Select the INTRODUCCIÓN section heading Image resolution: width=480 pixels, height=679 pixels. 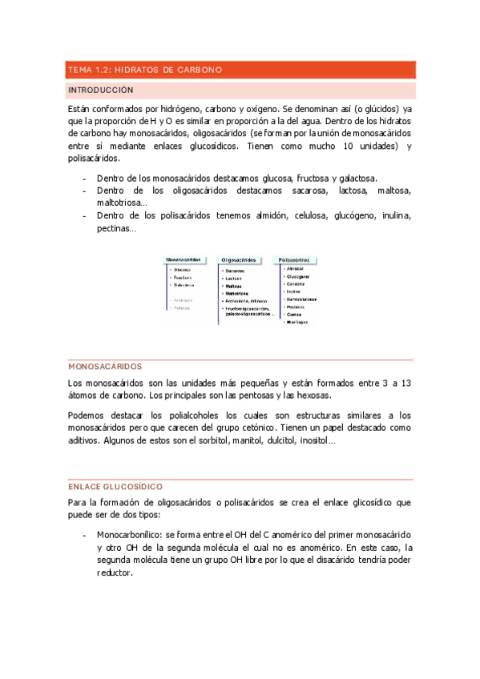[101, 90]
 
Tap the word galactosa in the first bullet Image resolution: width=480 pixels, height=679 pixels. [354, 178]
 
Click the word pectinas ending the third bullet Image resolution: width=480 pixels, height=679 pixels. [115, 228]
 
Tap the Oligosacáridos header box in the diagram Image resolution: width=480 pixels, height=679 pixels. [241, 260]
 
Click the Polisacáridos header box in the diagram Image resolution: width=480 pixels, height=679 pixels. [295, 260]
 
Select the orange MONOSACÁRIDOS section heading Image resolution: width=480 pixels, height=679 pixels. [105, 367]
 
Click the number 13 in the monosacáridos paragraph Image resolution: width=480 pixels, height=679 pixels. [405, 384]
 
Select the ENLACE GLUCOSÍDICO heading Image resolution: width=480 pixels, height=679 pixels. [116, 487]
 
